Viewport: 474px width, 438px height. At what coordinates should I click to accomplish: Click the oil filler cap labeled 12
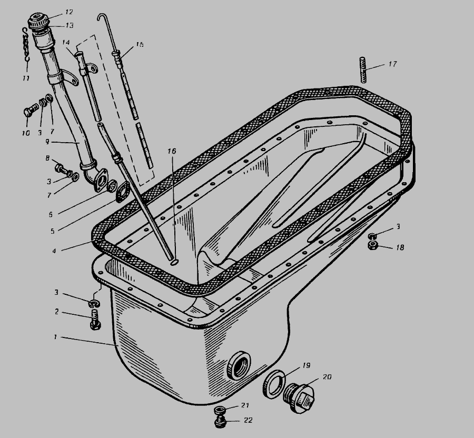coord(38,21)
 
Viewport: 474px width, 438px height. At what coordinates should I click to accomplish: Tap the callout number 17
coord(392,64)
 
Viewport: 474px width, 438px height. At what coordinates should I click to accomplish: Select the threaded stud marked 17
coord(363,69)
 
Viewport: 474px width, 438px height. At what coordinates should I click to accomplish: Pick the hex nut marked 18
coord(372,245)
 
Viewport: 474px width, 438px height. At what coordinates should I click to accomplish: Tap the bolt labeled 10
coord(31,109)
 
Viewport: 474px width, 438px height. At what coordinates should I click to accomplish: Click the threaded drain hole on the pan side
coord(239,365)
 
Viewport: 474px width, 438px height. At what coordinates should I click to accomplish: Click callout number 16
coord(172,151)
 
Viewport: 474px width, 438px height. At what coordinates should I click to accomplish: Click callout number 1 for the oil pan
coord(55,337)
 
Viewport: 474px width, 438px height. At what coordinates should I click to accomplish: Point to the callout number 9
coord(47,142)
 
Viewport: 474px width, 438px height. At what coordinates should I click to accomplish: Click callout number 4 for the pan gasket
coord(54,251)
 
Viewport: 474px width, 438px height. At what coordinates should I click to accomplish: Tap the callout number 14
coord(66,43)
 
